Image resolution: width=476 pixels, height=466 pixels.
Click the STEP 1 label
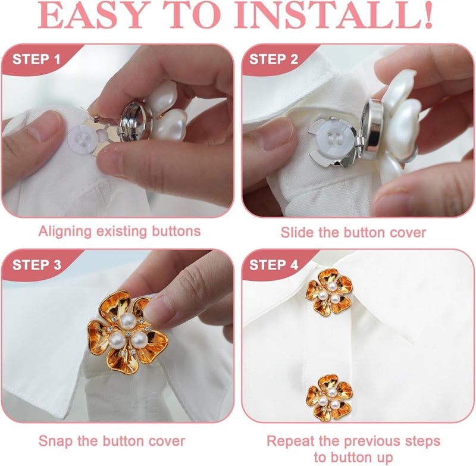36,59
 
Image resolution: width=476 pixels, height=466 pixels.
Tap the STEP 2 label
274,59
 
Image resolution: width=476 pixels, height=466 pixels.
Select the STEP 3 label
37,265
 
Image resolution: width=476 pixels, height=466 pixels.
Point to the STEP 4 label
274,265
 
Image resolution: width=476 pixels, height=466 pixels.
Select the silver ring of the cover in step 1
136,121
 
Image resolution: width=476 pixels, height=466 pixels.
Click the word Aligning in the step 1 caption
65,232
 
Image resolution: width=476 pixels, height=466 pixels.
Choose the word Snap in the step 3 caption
56,441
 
